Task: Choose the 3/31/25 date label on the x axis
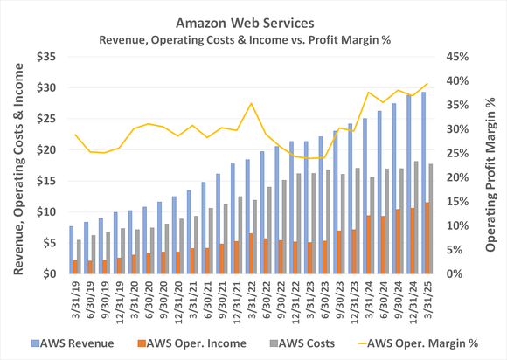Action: pyautogui.click(x=426, y=300)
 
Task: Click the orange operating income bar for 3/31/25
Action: pyautogui.click(x=427, y=239)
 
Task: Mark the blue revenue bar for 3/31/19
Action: pyautogui.click(x=71, y=250)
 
